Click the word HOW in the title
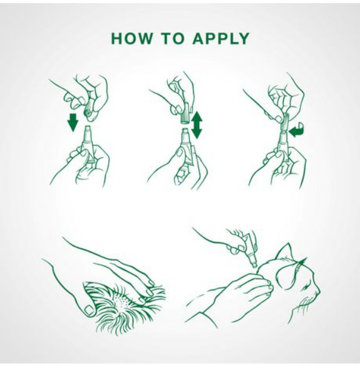click(131, 38)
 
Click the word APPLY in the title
click(221, 38)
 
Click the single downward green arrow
click(73, 122)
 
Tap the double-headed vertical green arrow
click(196, 125)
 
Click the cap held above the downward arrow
click(88, 113)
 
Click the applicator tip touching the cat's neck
click(254, 264)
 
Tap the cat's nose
click(319, 293)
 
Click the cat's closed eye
click(305, 288)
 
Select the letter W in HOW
click(143, 38)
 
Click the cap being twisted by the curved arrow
click(285, 123)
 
